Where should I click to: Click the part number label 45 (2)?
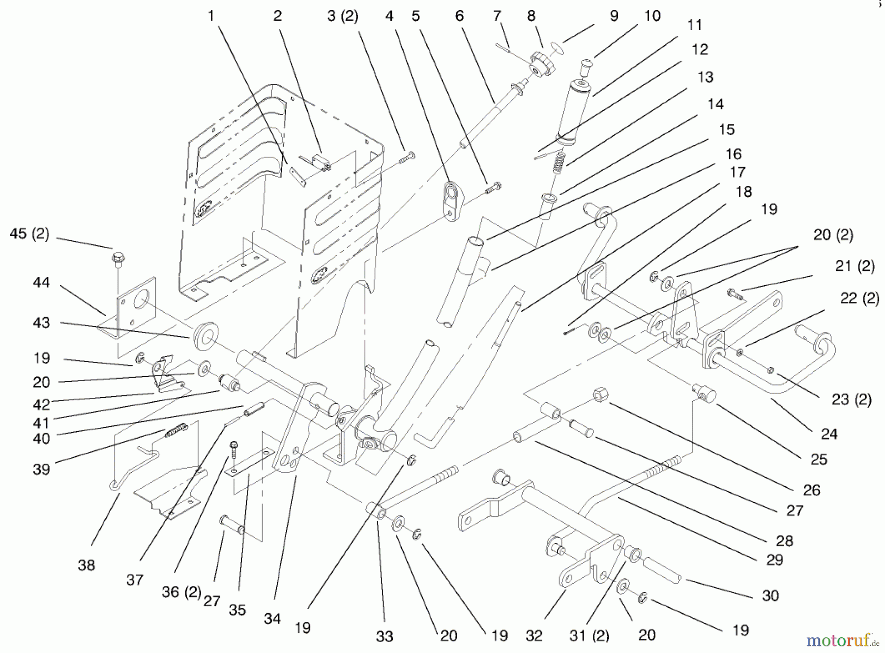point(29,234)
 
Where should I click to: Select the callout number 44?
point(41,282)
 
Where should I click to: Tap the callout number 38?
point(87,565)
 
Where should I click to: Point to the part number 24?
point(829,434)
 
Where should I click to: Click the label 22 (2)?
point(859,298)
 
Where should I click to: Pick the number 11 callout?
point(694,25)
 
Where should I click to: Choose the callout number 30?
point(770,595)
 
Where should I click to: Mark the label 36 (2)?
point(181,592)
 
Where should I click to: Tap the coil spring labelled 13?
point(558,162)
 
